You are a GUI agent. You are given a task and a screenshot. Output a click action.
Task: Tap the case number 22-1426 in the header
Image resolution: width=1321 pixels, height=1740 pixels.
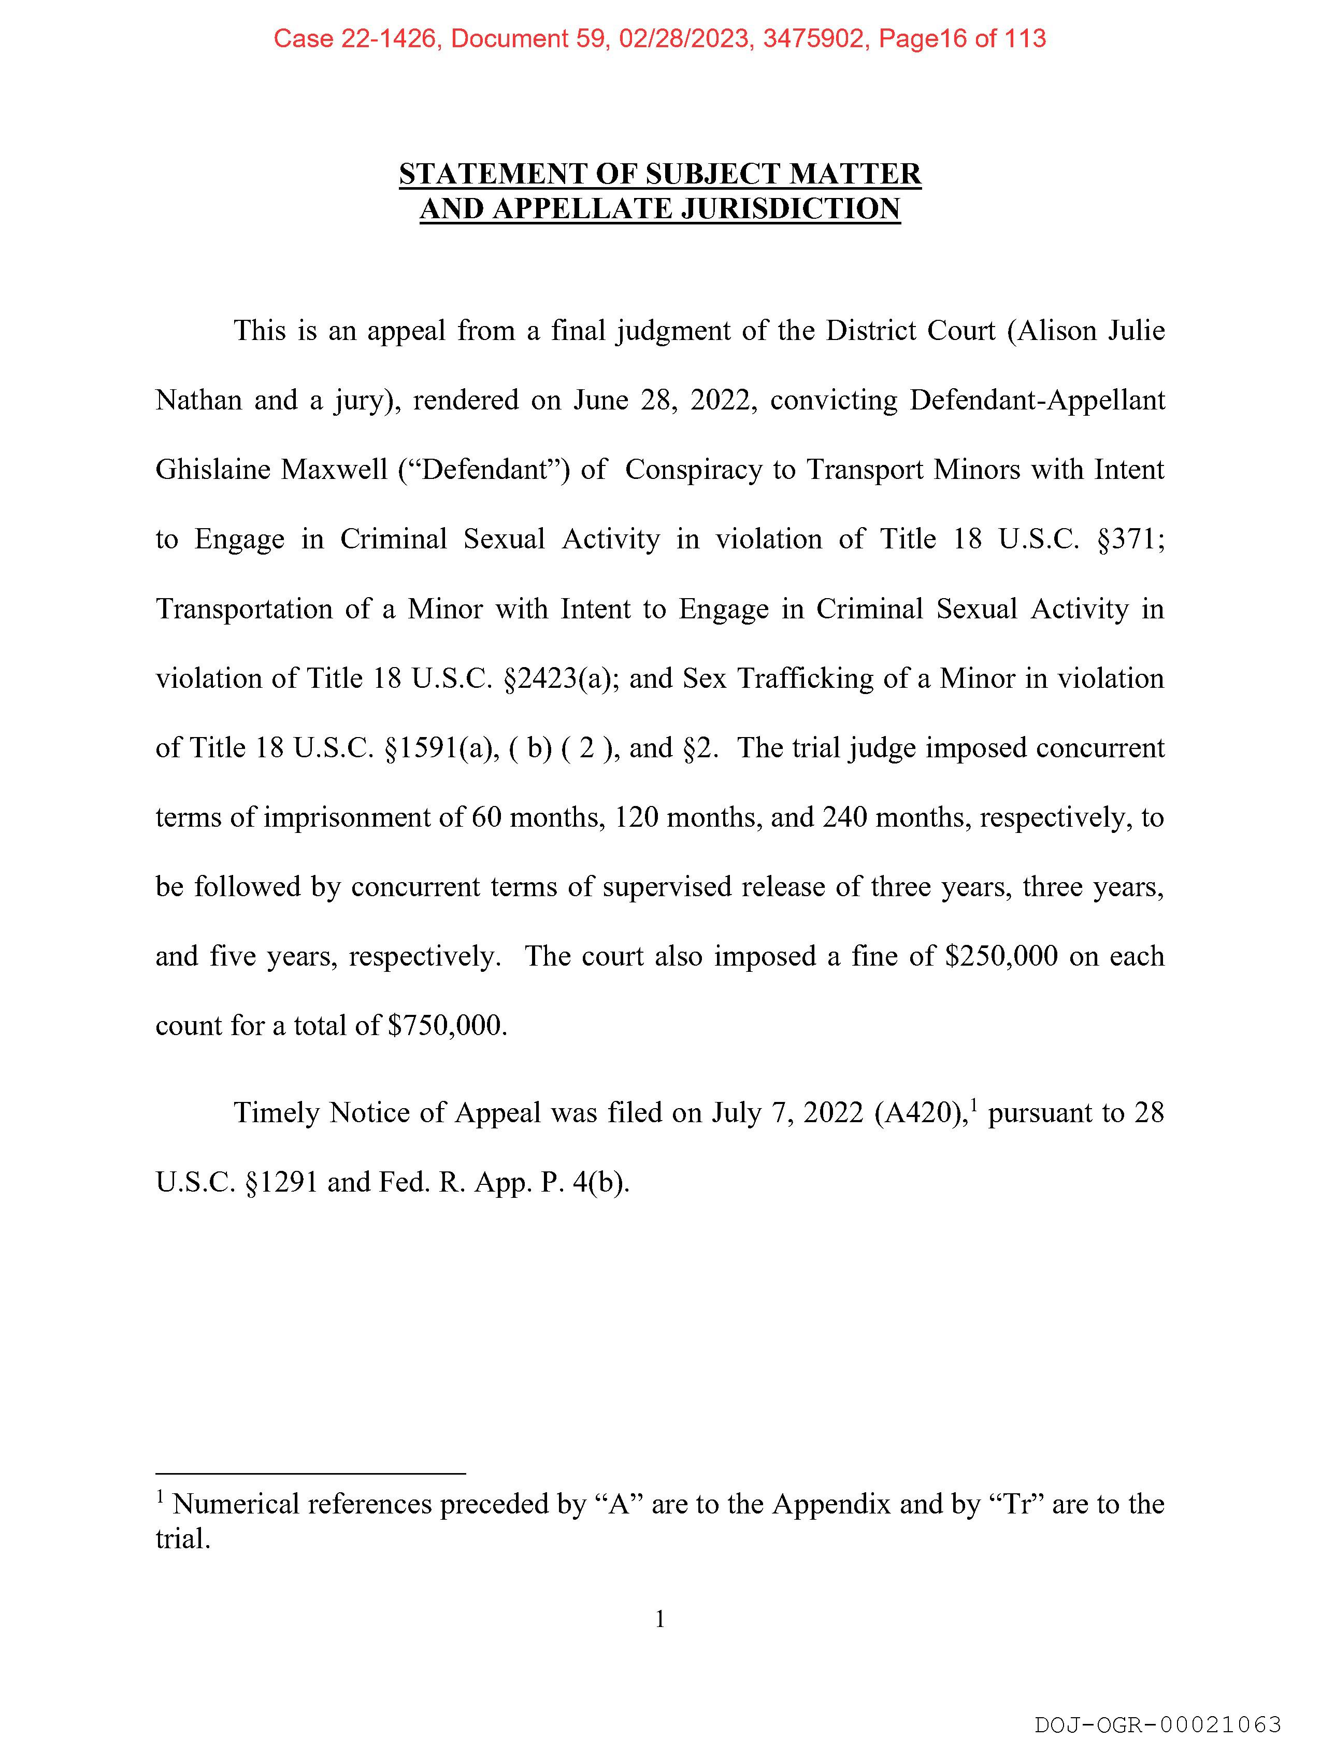[389, 38]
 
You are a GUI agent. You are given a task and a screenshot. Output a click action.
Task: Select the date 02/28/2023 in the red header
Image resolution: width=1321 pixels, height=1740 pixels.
[683, 38]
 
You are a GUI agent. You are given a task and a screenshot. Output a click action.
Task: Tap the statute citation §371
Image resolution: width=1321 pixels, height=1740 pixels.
[1128, 540]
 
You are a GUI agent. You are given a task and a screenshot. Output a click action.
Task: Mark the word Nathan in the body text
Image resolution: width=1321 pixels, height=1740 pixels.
[199, 400]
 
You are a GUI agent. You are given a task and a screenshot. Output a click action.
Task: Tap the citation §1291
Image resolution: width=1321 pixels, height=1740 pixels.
[281, 1182]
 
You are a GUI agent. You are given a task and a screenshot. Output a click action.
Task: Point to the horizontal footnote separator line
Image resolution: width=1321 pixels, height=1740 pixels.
[311, 1474]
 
